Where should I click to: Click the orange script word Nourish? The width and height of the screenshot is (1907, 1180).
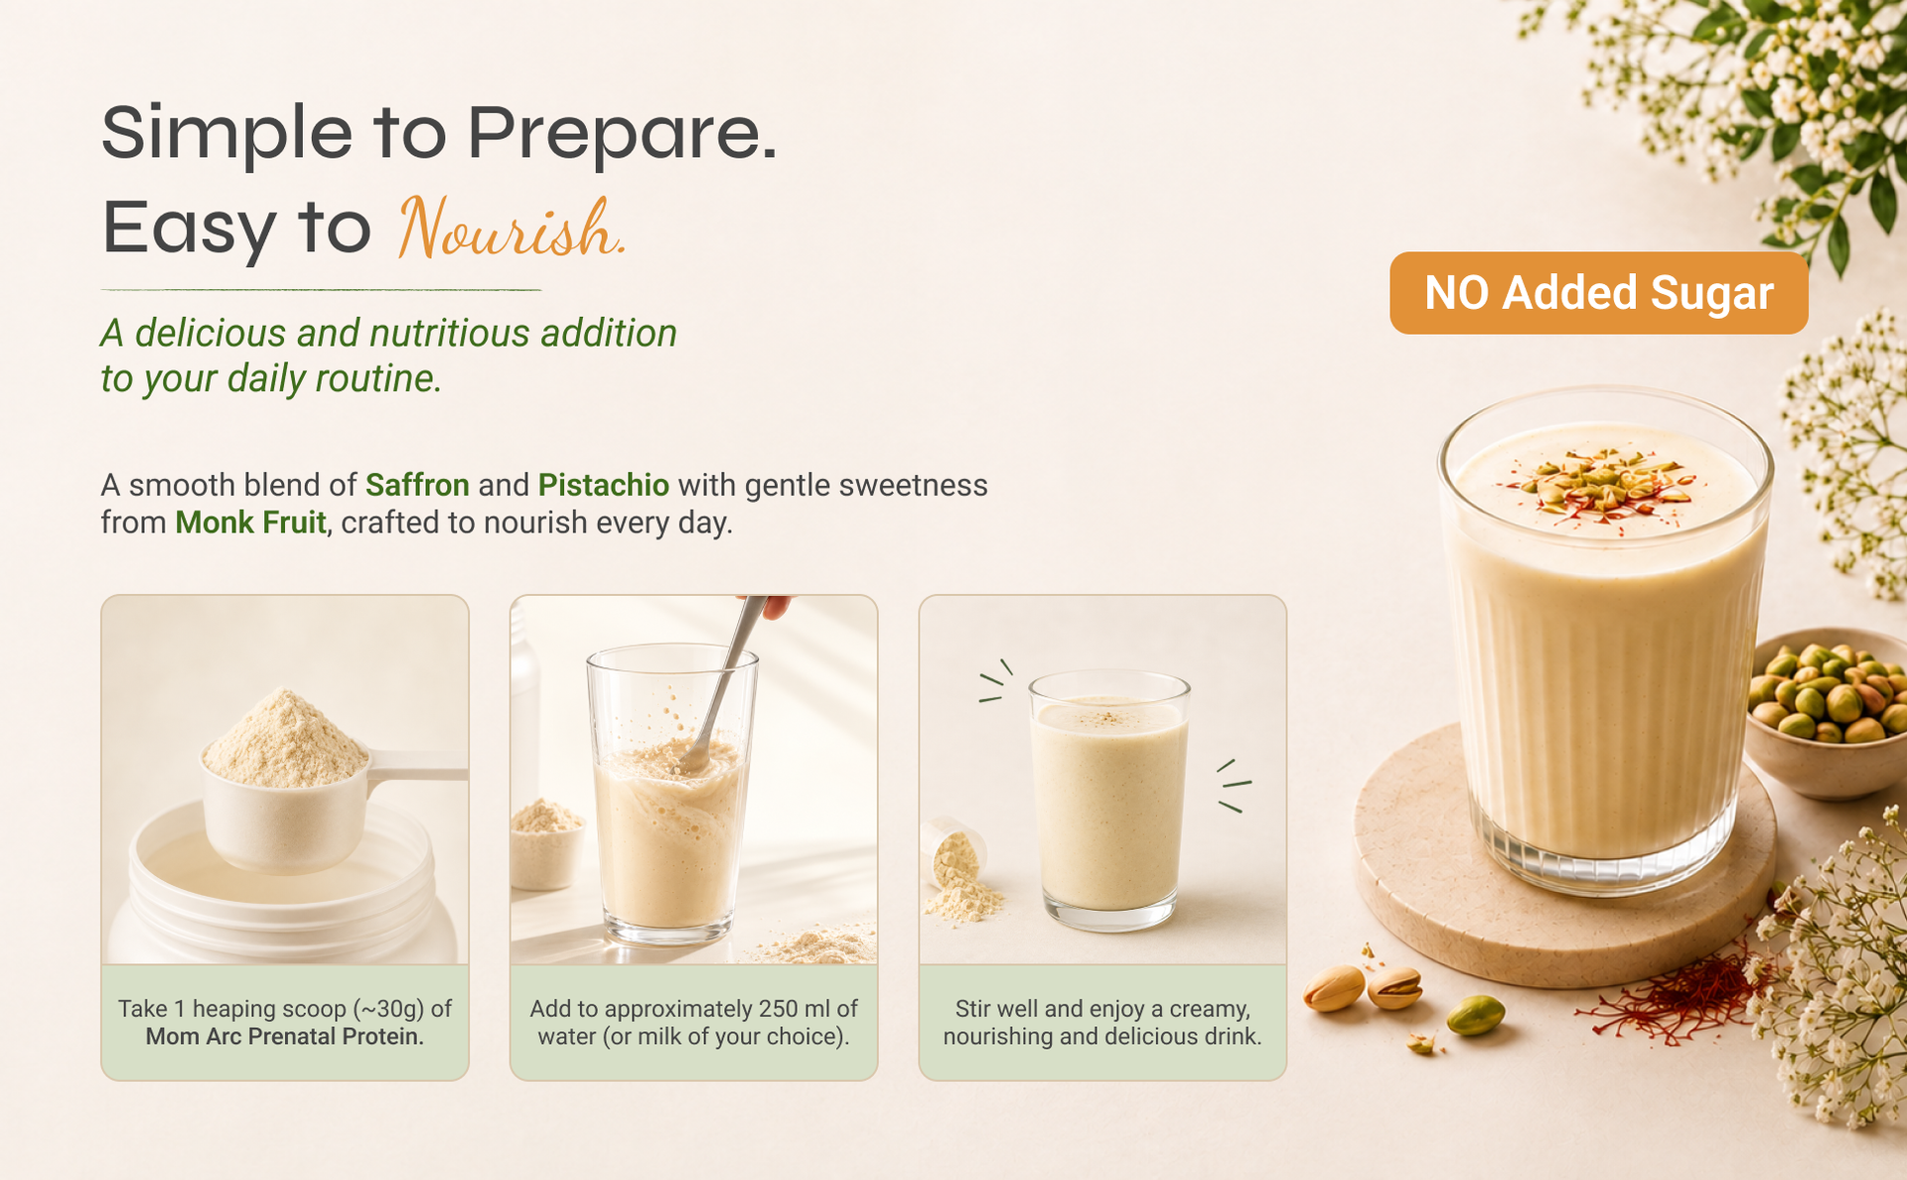(512, 228)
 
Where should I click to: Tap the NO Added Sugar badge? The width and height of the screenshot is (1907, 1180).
(1598, 293)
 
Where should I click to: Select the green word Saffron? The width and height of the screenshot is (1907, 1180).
(417, 485)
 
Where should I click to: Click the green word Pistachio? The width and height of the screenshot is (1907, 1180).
(604, 485)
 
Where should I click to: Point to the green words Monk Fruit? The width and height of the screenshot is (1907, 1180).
(250, 522)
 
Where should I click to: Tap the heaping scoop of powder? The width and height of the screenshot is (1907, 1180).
(286, 740)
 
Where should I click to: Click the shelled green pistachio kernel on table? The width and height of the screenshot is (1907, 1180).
(1475, 1016)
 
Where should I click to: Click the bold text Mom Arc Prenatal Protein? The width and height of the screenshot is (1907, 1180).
(285, 1037)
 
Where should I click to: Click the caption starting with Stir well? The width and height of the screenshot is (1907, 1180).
(1102, 1023)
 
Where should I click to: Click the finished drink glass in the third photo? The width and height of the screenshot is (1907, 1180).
(1108, 801)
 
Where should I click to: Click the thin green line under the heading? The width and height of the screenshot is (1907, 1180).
(321, 290)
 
